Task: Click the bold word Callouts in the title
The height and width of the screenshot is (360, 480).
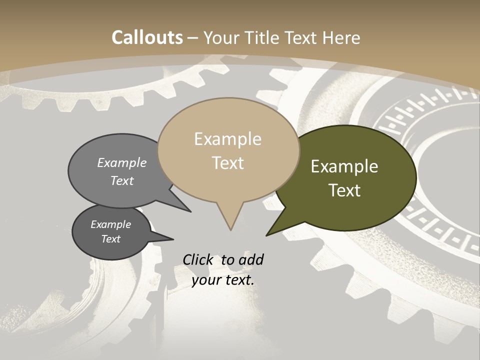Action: pos(147,37)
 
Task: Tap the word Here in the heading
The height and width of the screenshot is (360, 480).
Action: pos(342,37)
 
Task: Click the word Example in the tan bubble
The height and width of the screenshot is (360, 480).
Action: pos(228,139)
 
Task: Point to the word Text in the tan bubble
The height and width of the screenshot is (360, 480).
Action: pos(228,163)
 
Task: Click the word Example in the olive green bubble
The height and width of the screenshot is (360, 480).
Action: pos(344,166)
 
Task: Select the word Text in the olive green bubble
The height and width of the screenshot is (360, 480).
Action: pos(344,190)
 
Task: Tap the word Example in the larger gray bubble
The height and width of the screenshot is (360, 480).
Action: pos(122,162)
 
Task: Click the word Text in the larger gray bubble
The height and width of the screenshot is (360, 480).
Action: pos(122,180)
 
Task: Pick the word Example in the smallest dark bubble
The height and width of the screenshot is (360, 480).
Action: pos(111,224)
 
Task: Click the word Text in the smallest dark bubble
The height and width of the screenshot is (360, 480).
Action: pos(111,239)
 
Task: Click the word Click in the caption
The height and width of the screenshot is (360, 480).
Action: pos(198,259)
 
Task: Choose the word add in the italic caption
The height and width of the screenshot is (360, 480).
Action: pos(250,259)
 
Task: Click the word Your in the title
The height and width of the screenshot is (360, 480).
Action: pos(222,37)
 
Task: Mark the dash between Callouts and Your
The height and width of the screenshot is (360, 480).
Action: pos(193,37)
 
